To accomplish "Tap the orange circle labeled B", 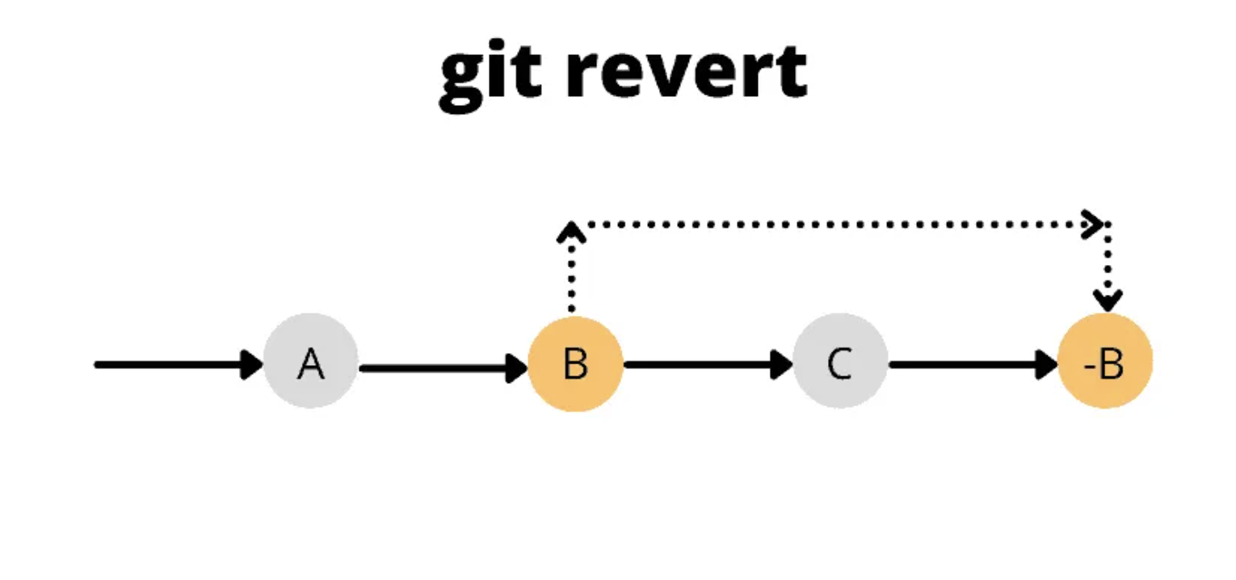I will (x=575, y=364).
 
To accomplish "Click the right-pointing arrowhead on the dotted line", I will (x=1093, y=224).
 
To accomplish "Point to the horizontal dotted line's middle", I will (x=836, y=224).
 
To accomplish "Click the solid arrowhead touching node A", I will (x=252, y=364).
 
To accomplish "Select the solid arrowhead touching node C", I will (x=782, y=364).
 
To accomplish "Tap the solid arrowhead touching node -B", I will (x=1047, y=364).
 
